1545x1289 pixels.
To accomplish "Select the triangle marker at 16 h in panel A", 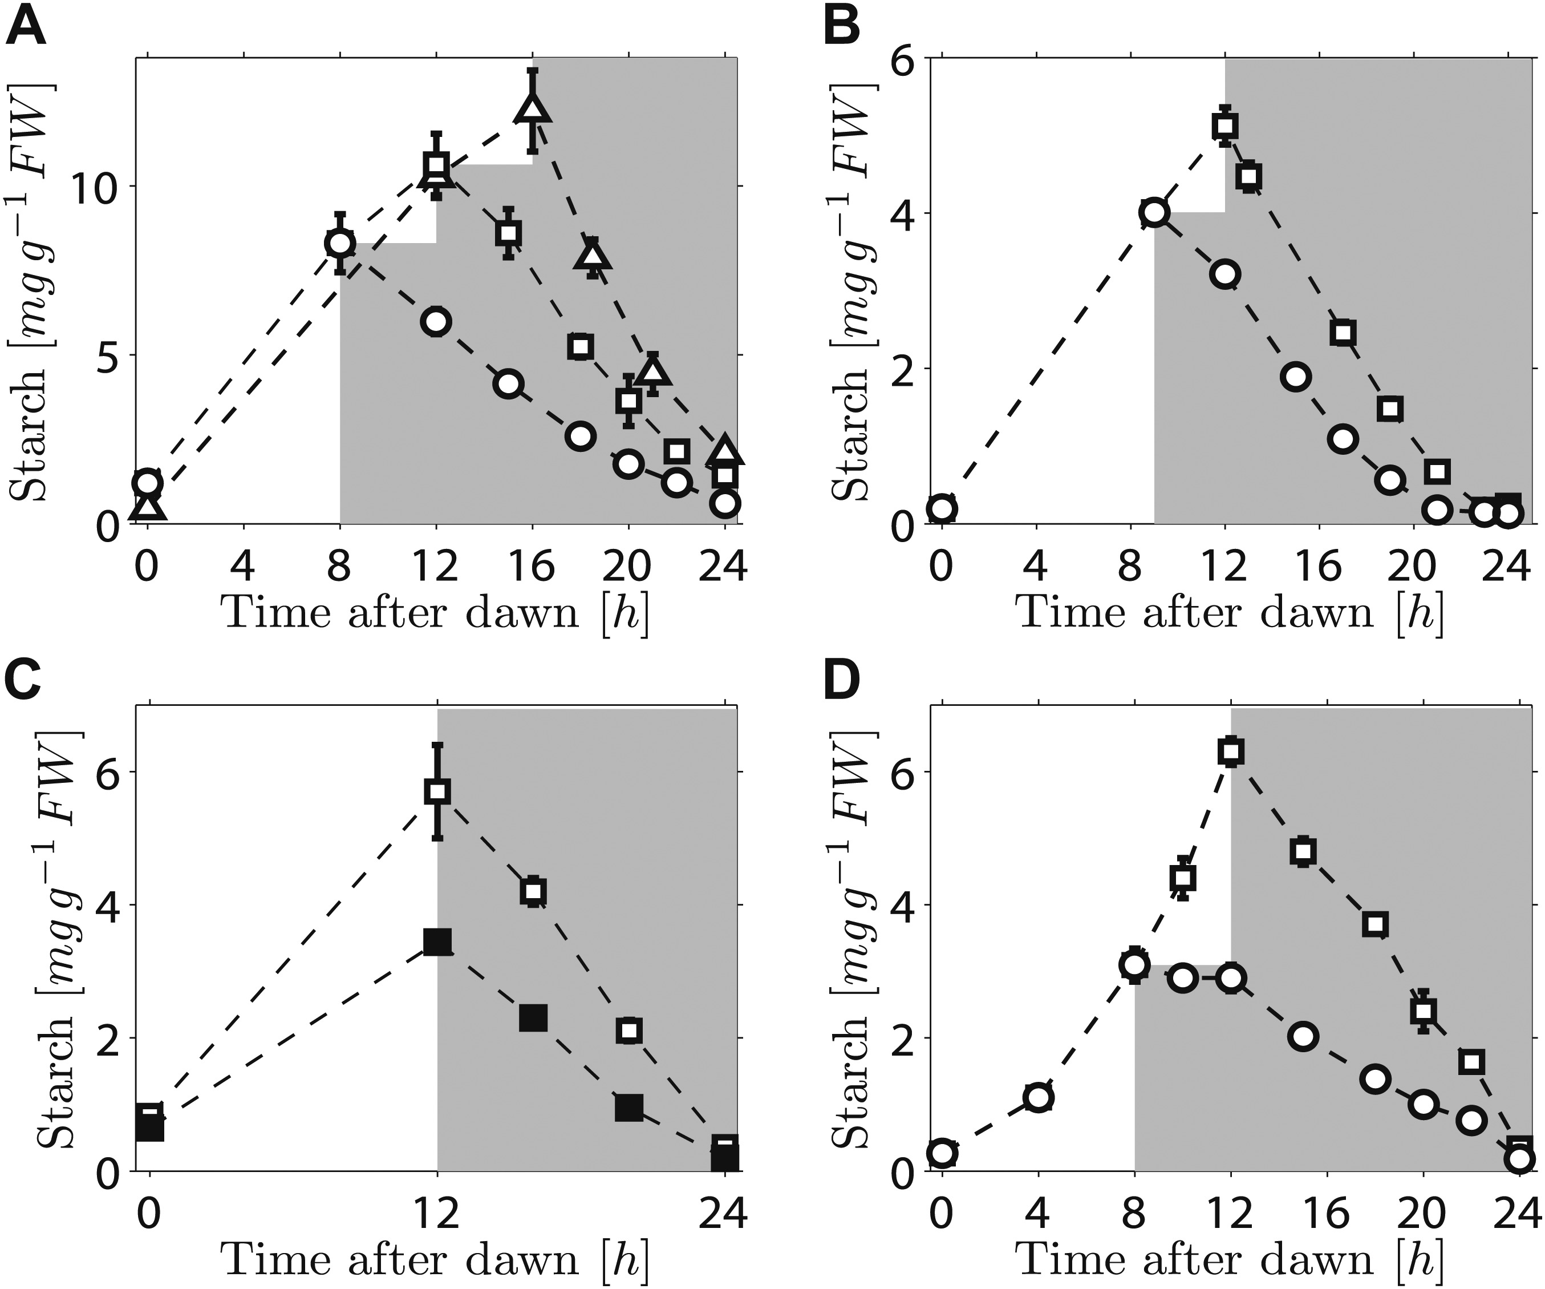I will (x=533, y=109).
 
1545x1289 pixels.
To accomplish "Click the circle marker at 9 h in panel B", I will (x=1154, y=213).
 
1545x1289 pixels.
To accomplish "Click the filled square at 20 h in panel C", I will (x=629, y=1106).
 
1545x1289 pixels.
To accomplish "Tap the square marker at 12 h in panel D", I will (x=1230, y=751).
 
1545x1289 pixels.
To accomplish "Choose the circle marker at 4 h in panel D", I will (x=1038, y=1098).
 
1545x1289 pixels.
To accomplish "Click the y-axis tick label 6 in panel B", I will (x=906, y=58).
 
